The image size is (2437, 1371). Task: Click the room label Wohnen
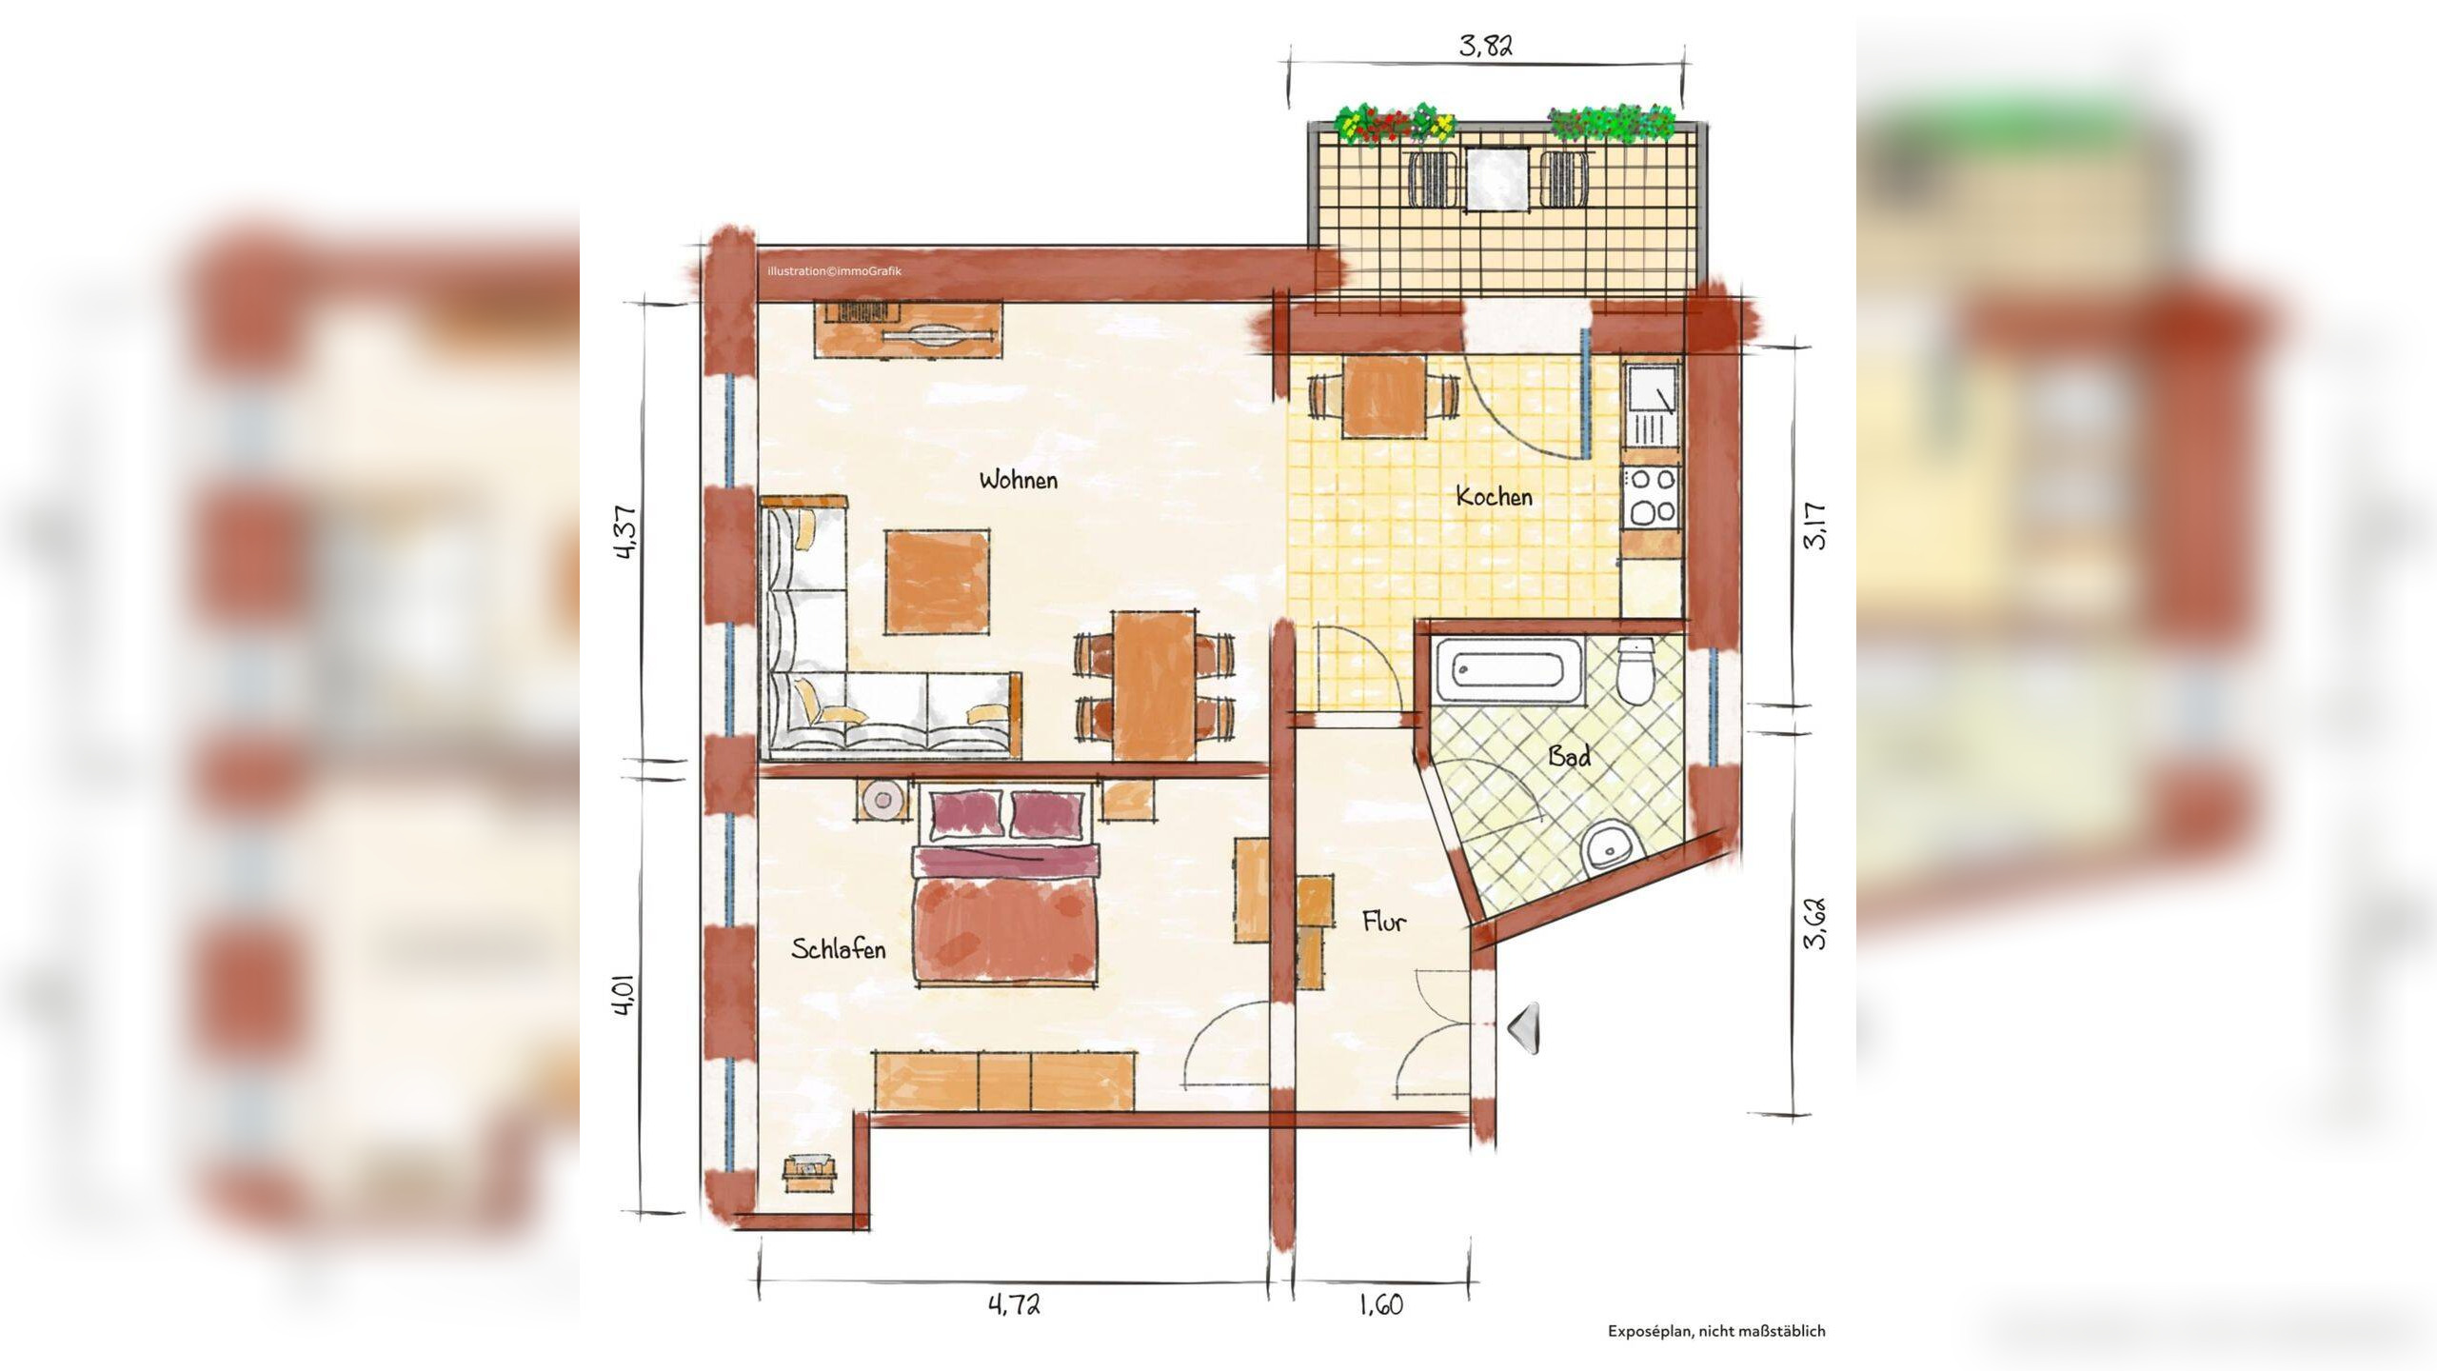[1019, 480]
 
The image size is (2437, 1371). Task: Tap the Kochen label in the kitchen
[1495, 496]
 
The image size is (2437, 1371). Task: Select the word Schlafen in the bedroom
[839, 948]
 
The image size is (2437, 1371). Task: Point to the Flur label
[1384, 921]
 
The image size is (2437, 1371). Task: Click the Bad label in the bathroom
[1569, 756]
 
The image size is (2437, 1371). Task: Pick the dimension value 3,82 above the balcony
[1486, 45]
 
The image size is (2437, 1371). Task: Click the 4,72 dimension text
[1015, 1303]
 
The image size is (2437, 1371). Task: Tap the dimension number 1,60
[1381, 1304]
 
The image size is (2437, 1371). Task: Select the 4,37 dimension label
[625, 532]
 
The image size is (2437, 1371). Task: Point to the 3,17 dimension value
[1814, 526]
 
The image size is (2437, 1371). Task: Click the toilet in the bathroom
[1636, 672]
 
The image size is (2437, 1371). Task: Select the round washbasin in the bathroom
[1610, 844]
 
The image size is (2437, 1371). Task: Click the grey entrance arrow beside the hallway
[1523, 1028]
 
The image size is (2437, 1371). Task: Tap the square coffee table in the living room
[937, 582]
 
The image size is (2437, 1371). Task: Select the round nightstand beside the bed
[882, 801]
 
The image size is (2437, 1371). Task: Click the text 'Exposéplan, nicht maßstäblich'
[1716, 1331]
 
